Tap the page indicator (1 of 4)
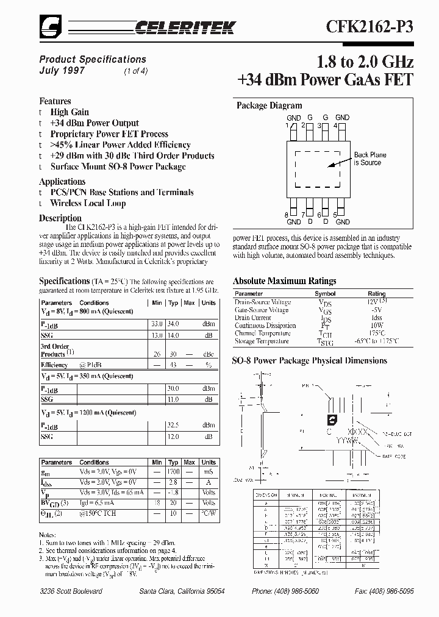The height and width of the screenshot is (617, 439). coord(135,71)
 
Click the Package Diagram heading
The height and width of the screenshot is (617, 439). coord(269,105)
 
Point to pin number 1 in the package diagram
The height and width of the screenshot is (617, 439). coord(286,126)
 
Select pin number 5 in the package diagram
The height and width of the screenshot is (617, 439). coord(335,215)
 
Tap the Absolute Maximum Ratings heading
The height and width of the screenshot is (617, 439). coord(284,281)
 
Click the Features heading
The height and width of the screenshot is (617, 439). coord(55,101)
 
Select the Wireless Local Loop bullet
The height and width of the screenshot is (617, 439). coord(88,203)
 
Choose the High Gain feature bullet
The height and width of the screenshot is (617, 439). coord(70,112)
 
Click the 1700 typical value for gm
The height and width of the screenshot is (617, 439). coord(173,472)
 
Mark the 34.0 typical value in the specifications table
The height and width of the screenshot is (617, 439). coord(173,324)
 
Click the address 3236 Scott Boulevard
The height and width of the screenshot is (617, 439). coord(71,592)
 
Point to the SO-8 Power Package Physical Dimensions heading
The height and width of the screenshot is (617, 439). coord(309,360)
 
